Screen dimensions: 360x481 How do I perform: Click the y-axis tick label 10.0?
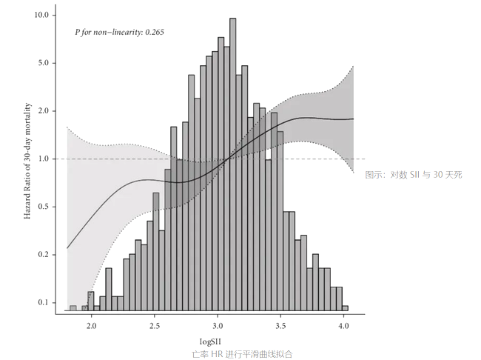click(41, 15)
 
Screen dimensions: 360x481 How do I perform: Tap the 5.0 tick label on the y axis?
click(43, 63)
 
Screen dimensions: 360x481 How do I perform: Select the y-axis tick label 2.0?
click(43, 111)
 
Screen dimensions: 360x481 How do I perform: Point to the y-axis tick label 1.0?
click(43, 159)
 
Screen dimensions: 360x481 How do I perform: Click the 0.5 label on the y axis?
click(43, 207)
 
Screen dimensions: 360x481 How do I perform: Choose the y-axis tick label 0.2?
click(43, 255)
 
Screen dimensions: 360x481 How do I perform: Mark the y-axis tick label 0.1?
click(43, 303)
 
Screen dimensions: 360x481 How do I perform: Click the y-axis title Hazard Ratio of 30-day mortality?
click(27, 160)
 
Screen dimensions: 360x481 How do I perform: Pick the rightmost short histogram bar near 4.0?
click(345, 307)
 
